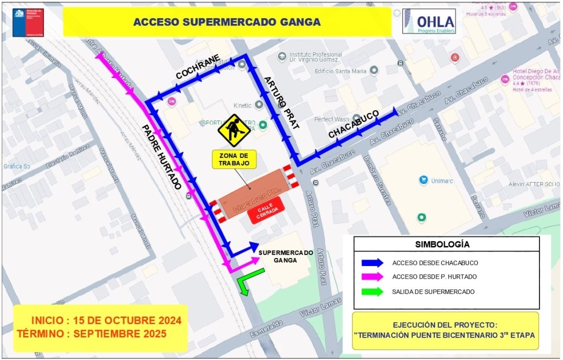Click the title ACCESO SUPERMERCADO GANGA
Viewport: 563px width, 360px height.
click(226, 22)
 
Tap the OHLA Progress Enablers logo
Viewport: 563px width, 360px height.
click(429, 22)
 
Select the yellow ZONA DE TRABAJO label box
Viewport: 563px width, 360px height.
click(233, 159)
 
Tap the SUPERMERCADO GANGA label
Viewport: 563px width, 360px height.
click(285, 256)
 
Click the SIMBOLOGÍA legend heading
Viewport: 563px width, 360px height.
click(442, 244)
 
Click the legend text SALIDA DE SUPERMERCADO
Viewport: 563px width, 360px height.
click(433, 291)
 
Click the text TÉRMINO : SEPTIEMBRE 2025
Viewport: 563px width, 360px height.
click(92, 333)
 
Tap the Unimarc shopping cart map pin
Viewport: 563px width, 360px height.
click(423, 179)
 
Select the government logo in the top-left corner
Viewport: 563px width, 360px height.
click(28, 22)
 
